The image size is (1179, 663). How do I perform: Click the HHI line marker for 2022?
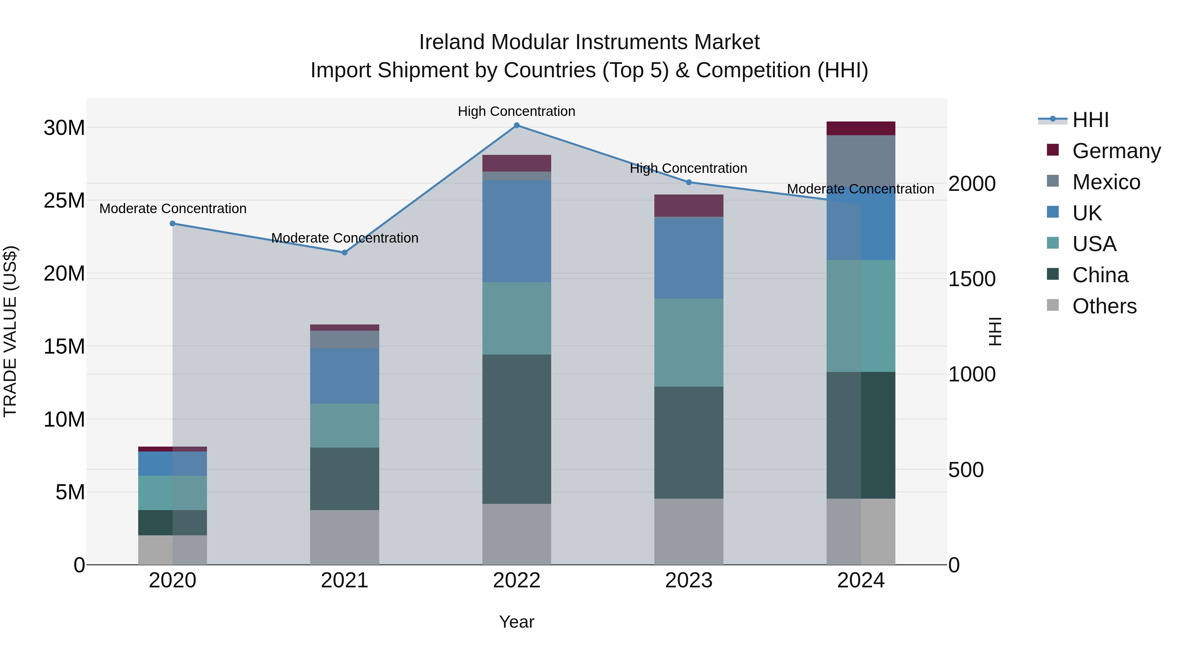pyautogui.click(x=517, y=125)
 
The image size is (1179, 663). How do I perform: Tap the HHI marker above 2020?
pyautogui.click(x=173, y=224)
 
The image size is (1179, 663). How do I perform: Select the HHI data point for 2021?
pyautogui.click(x=345, y=252)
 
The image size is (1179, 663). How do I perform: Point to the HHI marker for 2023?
pyautogui.click(x=689, y=182)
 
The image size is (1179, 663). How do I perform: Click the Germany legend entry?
pyautogui.click(x=1116, y=151)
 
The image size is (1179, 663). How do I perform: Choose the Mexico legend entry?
pyautogui.click(x=1106, y=182)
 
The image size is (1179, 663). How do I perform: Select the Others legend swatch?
pyautogui.click(x=1053, y=305)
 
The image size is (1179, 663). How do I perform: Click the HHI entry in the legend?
pyautogui.click(x=1090, y=120)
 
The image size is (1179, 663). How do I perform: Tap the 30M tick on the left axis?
pyautogui.click(x=64, y=128)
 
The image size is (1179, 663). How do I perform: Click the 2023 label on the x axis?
pyautogui.click(x=689, y=580)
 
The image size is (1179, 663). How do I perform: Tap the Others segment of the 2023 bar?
pyautogui.click(x=689, y=531)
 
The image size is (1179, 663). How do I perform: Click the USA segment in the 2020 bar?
pyautogui.click(x=173, y=493)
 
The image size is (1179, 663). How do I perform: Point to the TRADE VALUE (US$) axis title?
pyautogui.click(x=10, y=331)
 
